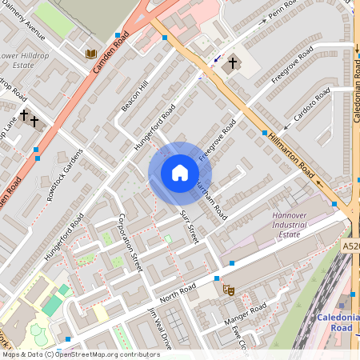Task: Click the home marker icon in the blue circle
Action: pyautogui.click(x=179, y=174)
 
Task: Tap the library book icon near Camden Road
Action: pyautogui.click(x=91, y=54)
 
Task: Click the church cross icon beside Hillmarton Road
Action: pyautogui.click(x=233, y=62)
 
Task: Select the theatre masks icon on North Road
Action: pyautogui.click(x=228, y=292)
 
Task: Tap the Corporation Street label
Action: pyautogui.click(x=129, y=242)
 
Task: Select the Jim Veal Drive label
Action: pyautogui.click(x=160, y=329)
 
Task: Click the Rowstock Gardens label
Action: pyautogui.click(x=64, y=174)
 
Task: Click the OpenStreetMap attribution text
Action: pyautogui.click(x=70, y=354)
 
